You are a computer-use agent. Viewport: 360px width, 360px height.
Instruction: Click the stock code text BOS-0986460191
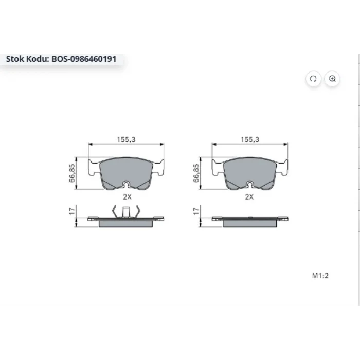coord(84,59)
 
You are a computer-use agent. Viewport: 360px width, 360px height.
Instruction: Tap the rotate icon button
coord(313,79)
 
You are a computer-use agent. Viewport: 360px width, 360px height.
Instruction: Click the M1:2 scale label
coord(320,275)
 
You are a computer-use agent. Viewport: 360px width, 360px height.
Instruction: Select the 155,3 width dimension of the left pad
coord(126,139)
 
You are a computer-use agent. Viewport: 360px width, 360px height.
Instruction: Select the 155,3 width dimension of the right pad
coord(249,139)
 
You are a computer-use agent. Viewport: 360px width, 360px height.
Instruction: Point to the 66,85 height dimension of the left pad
coord(72,173)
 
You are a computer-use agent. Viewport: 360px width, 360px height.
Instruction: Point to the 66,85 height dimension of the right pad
coord(196,173)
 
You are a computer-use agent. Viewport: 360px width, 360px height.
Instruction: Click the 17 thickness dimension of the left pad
coord(72,211)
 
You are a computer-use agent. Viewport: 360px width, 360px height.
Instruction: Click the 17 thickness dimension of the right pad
coord(196,211)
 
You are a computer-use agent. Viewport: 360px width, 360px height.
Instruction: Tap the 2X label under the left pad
coord(127,197)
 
